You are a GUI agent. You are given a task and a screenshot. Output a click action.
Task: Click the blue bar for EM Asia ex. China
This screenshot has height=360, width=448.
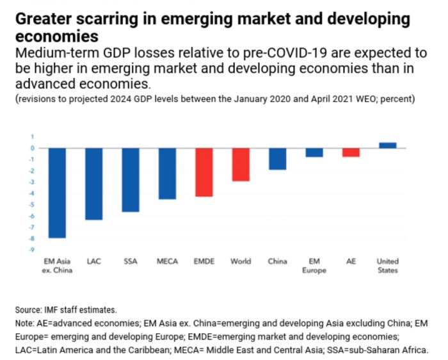pos(58,193)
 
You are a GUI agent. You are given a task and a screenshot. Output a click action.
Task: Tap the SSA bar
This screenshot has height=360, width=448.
pos(131,180)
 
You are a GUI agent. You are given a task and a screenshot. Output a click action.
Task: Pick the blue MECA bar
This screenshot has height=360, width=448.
pos(167,174)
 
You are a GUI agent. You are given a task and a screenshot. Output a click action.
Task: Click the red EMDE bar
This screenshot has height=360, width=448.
pos(204,172)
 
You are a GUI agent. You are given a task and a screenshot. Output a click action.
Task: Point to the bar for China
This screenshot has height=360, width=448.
pos(277,159)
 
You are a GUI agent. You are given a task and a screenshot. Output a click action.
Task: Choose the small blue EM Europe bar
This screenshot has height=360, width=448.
pos(314,152)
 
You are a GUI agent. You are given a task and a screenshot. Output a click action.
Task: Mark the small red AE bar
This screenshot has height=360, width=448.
pos(351,152)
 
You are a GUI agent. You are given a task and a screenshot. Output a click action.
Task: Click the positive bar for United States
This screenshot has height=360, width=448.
pos(388,145)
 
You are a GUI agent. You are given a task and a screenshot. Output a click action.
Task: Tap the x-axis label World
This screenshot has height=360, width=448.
pos(241,261)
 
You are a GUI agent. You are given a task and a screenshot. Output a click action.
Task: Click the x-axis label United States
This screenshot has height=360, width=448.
pos(388,265)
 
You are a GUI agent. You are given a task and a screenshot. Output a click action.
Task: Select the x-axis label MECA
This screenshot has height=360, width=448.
pos(167,261)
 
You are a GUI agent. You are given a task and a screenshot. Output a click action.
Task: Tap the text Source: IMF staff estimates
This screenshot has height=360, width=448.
pos(67,309)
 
